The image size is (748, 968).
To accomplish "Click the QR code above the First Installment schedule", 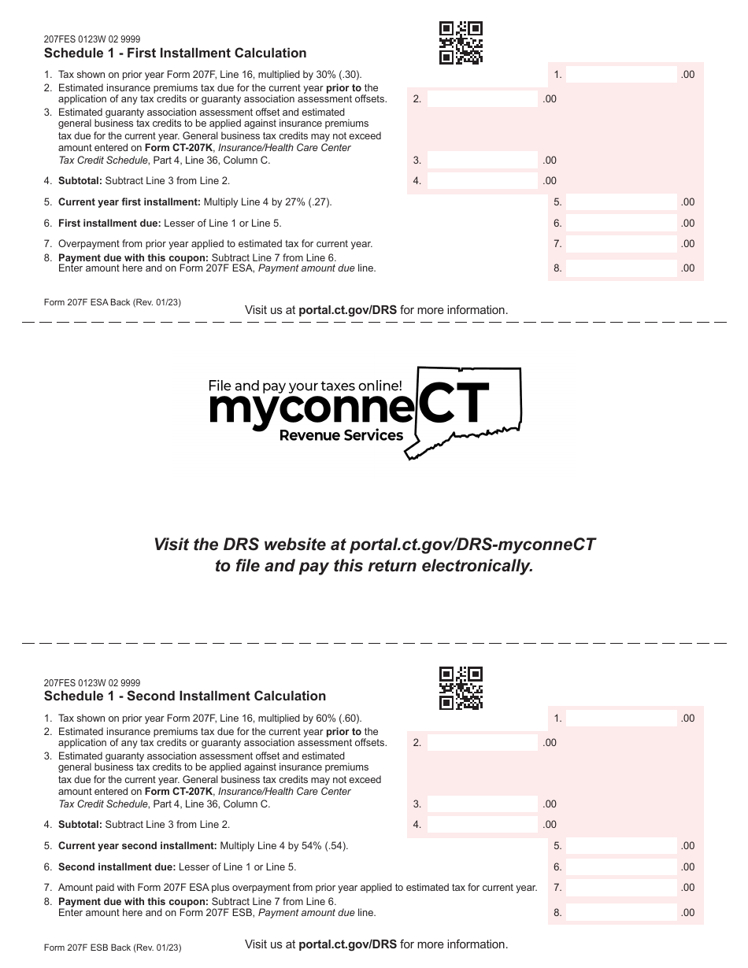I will tap(461, 42).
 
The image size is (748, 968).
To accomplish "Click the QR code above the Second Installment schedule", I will tap(461, 688).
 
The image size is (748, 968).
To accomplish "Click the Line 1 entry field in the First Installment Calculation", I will tap(621, 75).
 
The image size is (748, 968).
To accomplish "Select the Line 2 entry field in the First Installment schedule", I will tap(482, 99).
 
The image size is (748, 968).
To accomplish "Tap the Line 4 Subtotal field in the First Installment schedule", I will tap(482, 180).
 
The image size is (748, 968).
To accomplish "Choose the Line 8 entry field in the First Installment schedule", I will tap(621, 268).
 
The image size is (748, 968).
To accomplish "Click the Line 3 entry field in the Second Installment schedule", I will tap(482, 804).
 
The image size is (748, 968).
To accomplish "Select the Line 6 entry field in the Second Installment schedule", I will tap(621, 866).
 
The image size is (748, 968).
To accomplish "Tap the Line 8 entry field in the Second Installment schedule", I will tap(621, 913).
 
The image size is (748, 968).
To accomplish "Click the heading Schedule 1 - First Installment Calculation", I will tap(175, 54).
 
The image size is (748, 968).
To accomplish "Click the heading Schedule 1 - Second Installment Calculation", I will tap(184, 696).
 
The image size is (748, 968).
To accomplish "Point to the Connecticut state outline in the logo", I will tap(472, 409).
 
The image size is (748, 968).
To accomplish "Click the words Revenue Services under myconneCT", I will tap(341, 436).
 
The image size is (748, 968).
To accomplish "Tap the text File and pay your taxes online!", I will tap(305, 386).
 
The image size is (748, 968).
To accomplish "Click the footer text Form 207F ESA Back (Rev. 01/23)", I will tap(113, 302).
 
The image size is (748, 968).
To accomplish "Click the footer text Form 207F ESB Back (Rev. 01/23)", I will tap(113, 948).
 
